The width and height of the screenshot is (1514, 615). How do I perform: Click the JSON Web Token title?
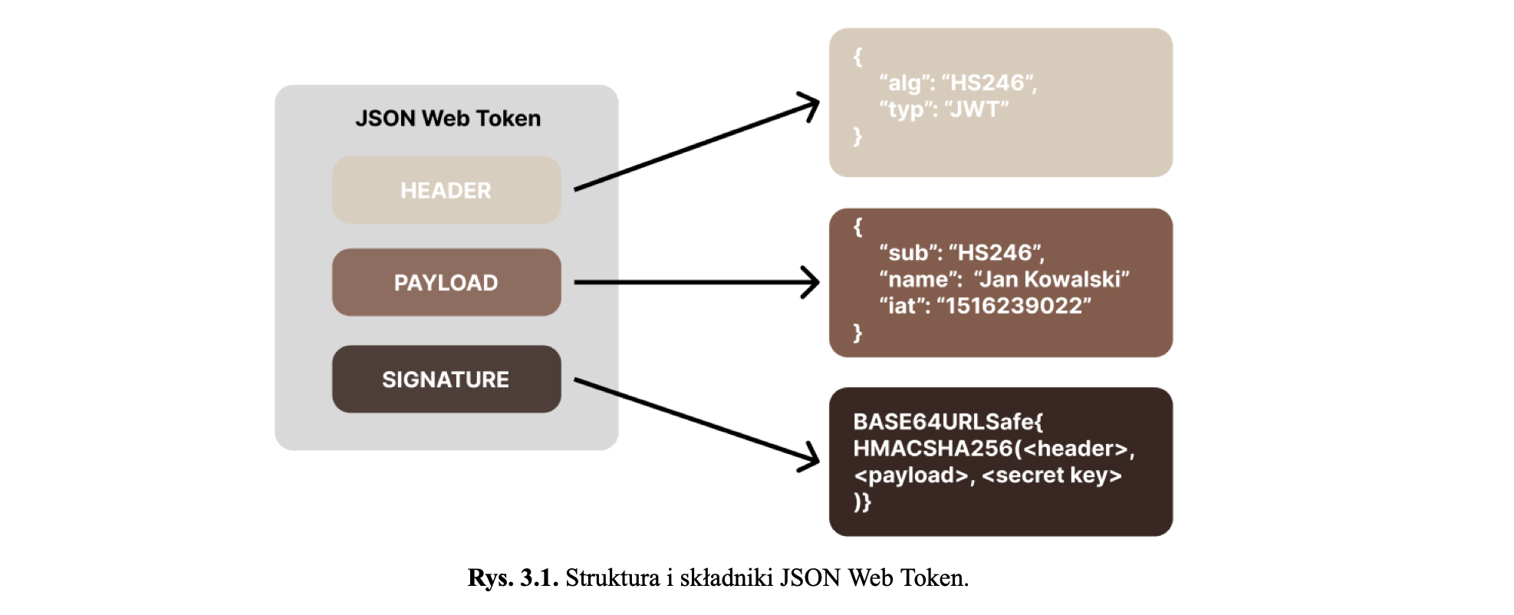[x=448, y=119]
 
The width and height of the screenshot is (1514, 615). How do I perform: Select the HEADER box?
[x=446, y=190]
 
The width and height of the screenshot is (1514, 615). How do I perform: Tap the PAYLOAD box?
[x=446, y=282]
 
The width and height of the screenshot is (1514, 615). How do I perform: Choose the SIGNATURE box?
[x=446, y=380]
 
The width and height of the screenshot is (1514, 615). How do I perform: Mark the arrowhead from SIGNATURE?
[x=811, y=459]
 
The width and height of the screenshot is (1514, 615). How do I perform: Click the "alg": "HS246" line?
[x=958, y=83]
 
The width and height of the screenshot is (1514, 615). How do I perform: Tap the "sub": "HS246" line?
[x=962, y=253]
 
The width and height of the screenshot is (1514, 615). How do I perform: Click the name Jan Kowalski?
[x=1052, y=279]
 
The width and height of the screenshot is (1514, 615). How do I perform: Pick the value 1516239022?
[x=1013, y=306]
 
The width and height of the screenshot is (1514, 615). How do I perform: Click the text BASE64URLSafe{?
[x=948, y=422]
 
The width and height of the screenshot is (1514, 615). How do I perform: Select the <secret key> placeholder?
[x=1052, y=475]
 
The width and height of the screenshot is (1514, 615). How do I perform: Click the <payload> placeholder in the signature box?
[x=911, y=475]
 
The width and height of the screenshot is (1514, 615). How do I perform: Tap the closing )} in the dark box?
[x=862, y=502]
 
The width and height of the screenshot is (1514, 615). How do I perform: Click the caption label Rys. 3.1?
[x=512, y=578]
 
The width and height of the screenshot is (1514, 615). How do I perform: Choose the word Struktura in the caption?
[x=612, y=578]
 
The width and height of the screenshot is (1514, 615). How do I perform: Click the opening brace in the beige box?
[x=857, y=56]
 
